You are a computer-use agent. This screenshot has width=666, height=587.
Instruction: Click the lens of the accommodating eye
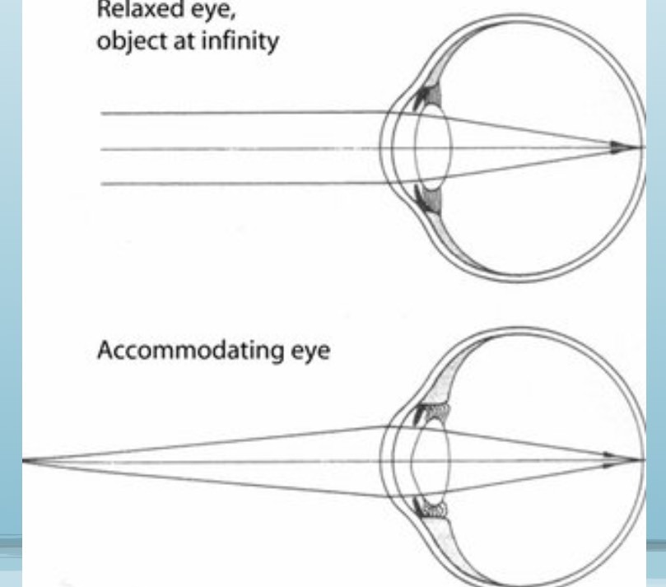point(431,461)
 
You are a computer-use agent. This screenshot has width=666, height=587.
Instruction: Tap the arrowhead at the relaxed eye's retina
point(617,148)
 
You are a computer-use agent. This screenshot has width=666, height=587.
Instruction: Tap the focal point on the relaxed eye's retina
point(641,149)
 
